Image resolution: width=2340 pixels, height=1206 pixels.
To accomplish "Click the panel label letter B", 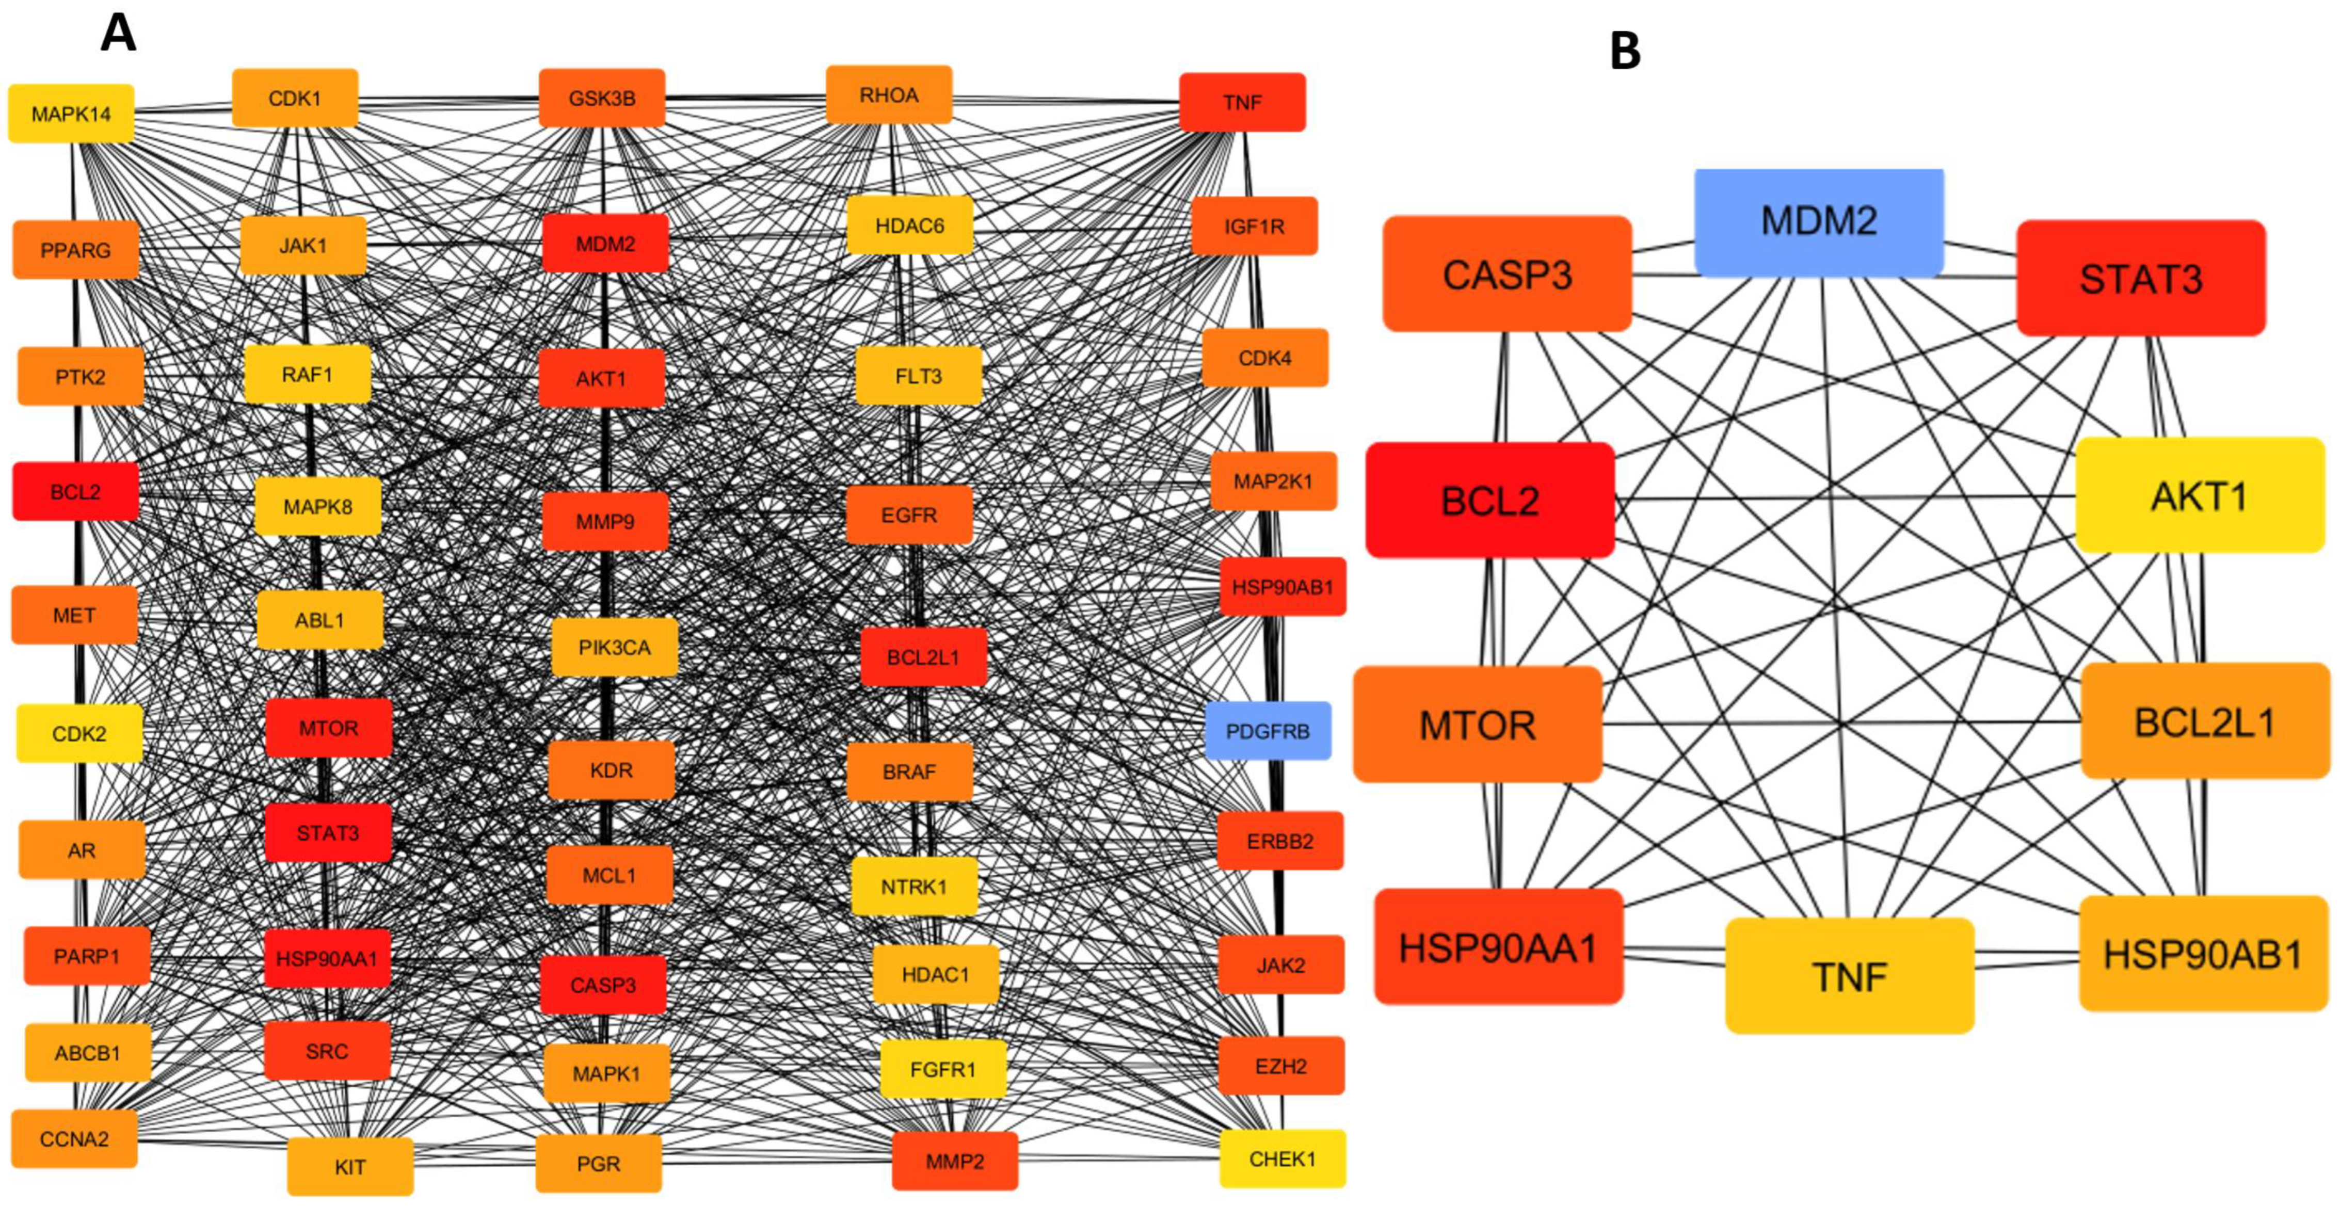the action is [x=1625, y=51].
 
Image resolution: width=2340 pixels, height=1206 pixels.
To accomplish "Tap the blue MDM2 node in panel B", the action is [x=1819, y=221].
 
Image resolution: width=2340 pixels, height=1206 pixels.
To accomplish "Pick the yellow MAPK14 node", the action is [x=71, y=114].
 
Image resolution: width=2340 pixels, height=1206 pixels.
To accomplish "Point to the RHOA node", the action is [x=889, y=94].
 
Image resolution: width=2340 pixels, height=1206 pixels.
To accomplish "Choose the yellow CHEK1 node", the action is [x=1283, y=1159].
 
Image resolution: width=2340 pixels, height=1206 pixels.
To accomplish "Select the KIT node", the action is [x=350, y=1167].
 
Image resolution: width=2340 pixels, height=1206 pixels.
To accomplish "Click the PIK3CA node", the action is [x=615, y=648].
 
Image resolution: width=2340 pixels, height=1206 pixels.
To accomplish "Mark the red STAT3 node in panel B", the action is [x=2141, y=278].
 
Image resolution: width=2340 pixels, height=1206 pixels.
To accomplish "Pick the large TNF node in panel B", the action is [x=1850, y=976].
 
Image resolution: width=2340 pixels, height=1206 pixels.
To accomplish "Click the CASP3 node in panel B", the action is [x=1507, y=274].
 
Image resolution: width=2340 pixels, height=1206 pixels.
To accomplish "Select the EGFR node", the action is [x=909, y=515].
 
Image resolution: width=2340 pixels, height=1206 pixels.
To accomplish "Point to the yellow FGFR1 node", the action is [x=943, y=1070].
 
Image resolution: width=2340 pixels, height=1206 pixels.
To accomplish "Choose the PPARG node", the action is [x=75, y=250].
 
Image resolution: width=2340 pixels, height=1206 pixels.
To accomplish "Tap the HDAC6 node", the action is [x=910, y=225].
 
